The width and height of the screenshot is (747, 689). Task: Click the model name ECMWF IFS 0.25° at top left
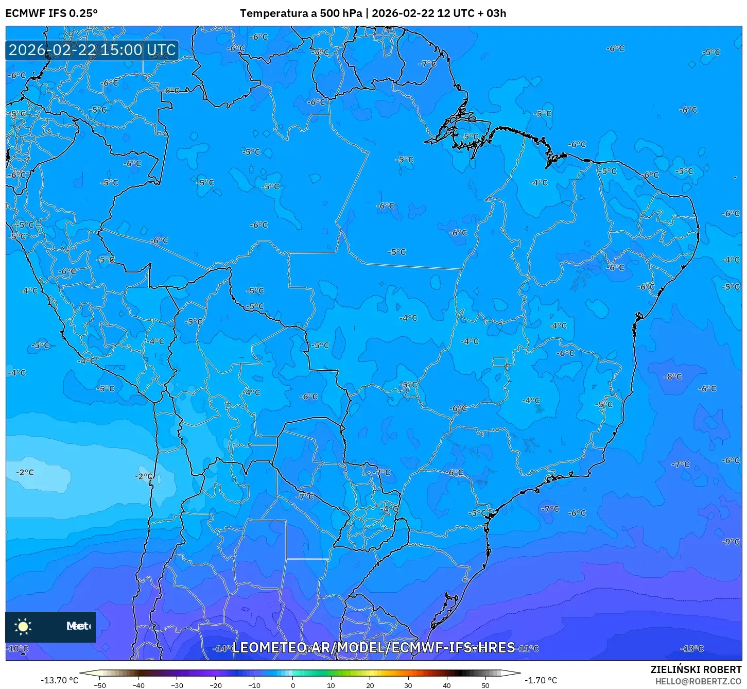51,13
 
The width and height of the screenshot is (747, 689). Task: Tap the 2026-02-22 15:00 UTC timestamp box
92,50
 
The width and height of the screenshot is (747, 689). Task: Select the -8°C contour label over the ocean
672,376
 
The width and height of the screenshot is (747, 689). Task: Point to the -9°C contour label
731,542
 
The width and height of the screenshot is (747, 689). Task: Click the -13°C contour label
692,648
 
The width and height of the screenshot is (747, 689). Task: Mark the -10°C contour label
18,648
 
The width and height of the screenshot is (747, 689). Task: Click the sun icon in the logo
23,626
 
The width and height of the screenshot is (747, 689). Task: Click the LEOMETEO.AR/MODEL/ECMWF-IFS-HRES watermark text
373,647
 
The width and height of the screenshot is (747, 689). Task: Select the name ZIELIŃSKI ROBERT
696,669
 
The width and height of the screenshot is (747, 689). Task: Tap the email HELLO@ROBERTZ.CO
698,681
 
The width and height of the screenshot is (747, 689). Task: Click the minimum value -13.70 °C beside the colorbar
60,680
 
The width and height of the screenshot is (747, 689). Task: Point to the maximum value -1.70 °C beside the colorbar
541,680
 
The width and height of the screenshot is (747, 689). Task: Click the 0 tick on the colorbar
292,685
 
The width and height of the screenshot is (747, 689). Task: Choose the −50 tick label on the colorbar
99,685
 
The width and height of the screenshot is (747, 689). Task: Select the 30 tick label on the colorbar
408,685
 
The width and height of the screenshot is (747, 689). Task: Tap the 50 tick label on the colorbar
485,685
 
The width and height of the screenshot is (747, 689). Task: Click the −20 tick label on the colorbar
215,685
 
